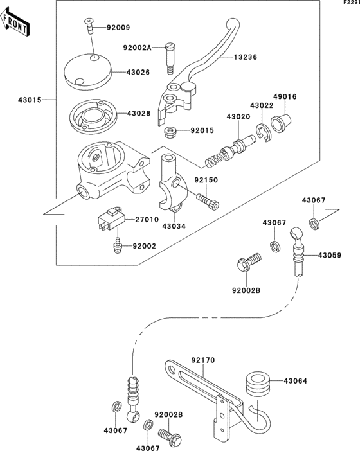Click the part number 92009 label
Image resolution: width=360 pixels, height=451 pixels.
[118, 28]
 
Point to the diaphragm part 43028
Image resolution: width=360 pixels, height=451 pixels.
[93, 114]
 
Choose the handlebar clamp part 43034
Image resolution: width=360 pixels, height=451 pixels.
[172, 186]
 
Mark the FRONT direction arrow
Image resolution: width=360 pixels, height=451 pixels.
[17, 25]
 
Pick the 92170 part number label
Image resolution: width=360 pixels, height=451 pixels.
[202, 361]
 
